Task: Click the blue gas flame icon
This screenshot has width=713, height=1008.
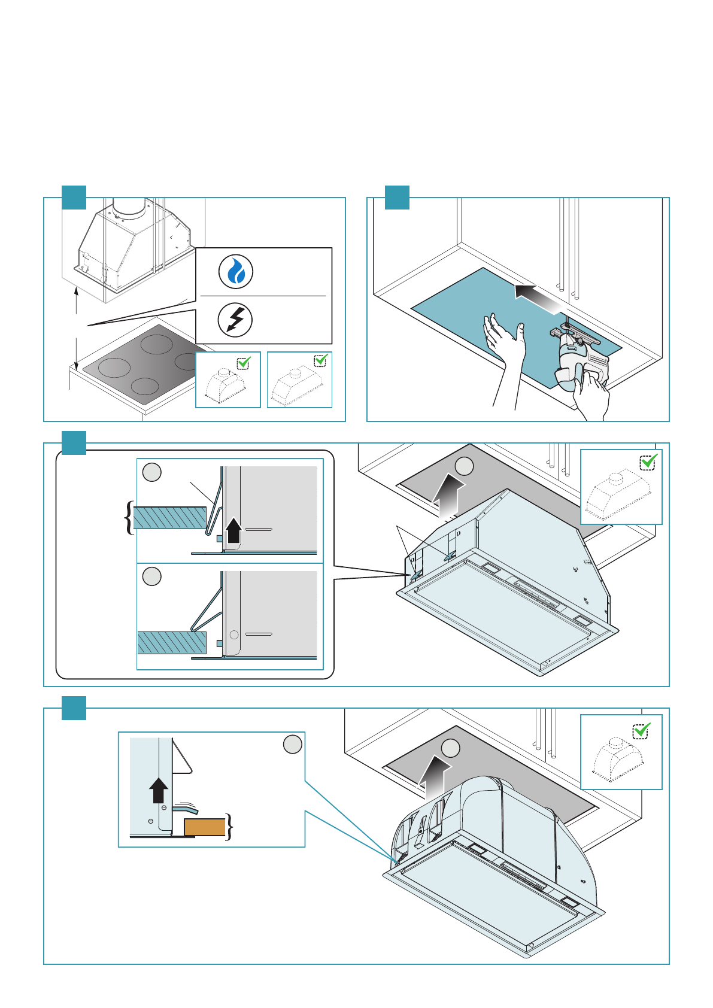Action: click(x=236, y=272)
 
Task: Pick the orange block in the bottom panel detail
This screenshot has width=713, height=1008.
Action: click(x=204, y=827)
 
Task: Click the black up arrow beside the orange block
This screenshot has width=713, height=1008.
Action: click(x=158, y=790)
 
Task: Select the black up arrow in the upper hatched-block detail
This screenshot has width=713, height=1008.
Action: click(x=233, y=530)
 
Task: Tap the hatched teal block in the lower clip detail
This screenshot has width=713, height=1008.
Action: click(x=172, y=642)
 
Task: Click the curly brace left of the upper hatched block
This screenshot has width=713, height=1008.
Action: click(x=128, y=518)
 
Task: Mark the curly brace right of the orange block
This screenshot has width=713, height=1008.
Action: click(x=229, y=827)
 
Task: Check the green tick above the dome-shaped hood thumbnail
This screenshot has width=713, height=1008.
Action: click(x=642, y=730)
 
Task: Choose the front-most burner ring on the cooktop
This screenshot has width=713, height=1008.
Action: click(x=144, y=386)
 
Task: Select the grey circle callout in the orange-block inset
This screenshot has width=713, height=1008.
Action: click(x=292, y=745)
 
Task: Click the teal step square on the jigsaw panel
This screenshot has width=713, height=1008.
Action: click(x=396, y=198)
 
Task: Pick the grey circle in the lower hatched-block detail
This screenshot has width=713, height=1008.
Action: click(x=152, y=576)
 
